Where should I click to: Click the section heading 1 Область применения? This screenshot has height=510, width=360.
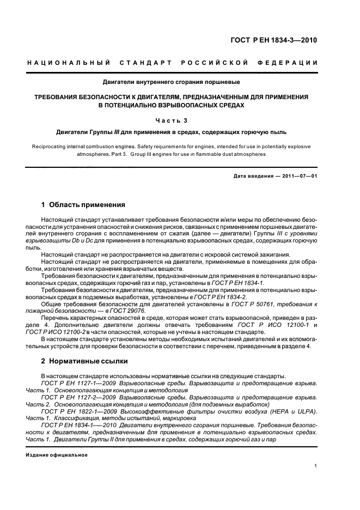point(83,205)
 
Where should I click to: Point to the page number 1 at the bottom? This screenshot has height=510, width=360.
point(316,466)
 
